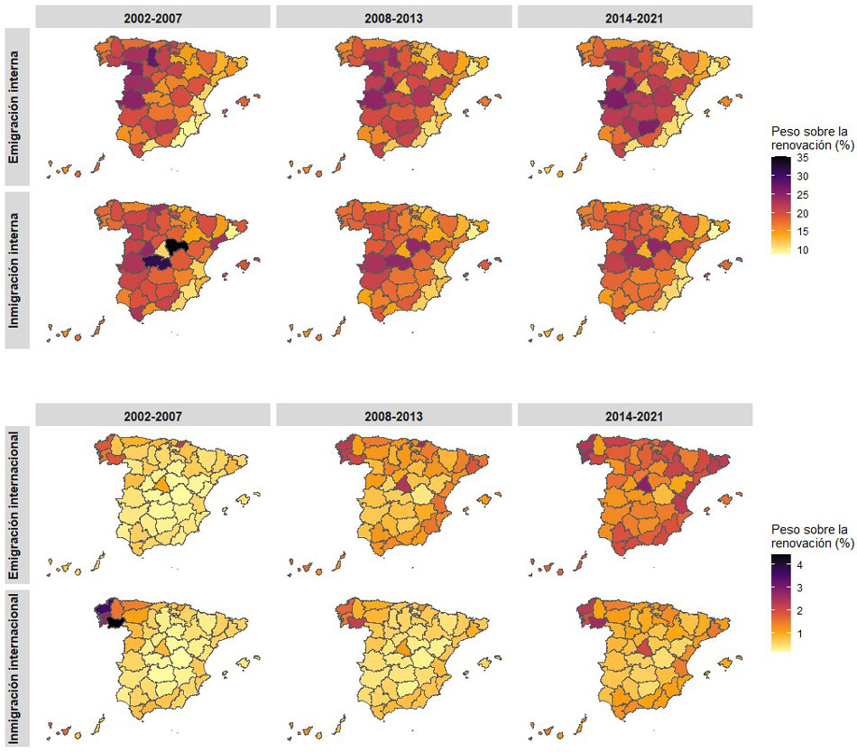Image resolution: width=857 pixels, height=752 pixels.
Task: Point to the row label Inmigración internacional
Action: pos(16,668)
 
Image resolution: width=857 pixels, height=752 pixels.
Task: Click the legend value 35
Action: pos(802,158)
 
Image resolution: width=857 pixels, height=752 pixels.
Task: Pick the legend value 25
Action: pos(802,195)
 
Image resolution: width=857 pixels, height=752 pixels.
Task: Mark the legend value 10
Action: pos(802,249)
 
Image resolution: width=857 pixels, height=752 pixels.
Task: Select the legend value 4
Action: pos(799,565)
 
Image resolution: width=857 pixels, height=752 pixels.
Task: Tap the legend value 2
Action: pos(799,611)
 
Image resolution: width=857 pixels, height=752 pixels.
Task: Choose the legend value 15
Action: pos(802,231)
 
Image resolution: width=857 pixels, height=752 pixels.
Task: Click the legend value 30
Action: pos(802,177)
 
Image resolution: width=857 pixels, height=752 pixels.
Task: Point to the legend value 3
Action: pos(799,588)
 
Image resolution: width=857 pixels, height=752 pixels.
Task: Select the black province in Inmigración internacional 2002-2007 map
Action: pos(115,621)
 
